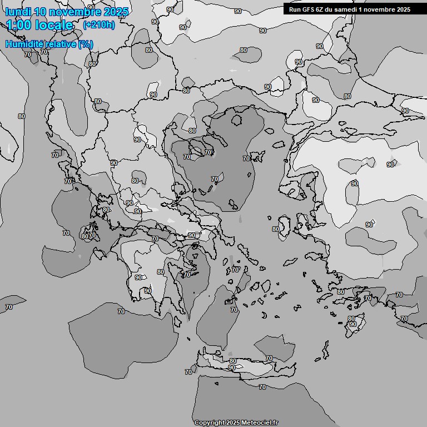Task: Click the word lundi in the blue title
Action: (17, 12)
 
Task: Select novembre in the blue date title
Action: (75, 12)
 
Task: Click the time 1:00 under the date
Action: (19, 25)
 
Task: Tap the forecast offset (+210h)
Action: (98, 25)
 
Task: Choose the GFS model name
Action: (310, 9)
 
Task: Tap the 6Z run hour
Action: (323, 9)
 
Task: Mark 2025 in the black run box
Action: (403, 9)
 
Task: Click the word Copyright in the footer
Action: (210, 423)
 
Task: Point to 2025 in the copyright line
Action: (234, 423)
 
